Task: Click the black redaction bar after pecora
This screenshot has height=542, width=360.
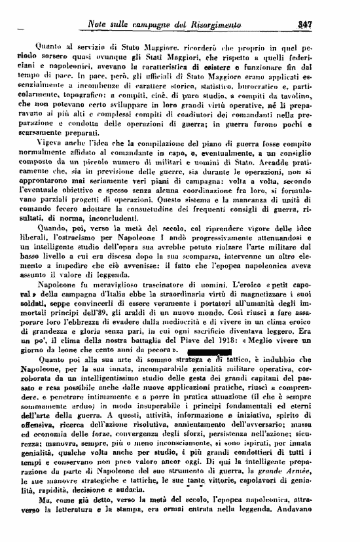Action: coord(208,352)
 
